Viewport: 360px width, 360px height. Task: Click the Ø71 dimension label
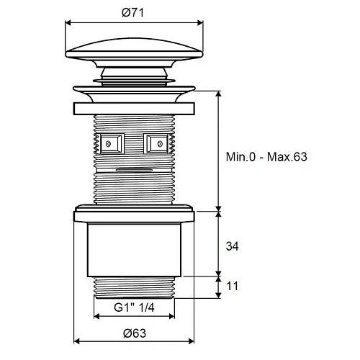coord(132,12)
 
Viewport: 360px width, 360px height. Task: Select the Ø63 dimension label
coord(135,333)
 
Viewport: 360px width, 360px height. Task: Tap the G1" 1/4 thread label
coord(134,307)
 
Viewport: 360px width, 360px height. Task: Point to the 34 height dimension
coord(232,246)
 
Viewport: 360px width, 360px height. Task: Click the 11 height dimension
coord(232,286)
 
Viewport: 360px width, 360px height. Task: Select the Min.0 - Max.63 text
coord(266,157)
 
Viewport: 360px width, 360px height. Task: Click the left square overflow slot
coord(112,143)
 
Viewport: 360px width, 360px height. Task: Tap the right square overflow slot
coord(156,143)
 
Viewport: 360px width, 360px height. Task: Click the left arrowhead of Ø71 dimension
coord(68,23)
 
